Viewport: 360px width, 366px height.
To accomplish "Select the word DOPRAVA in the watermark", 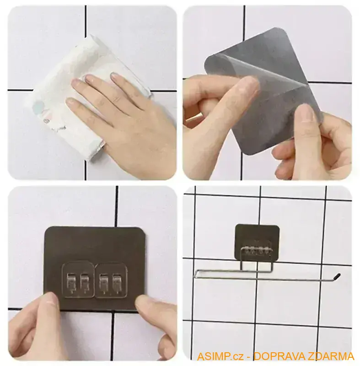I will pos(274,356).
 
